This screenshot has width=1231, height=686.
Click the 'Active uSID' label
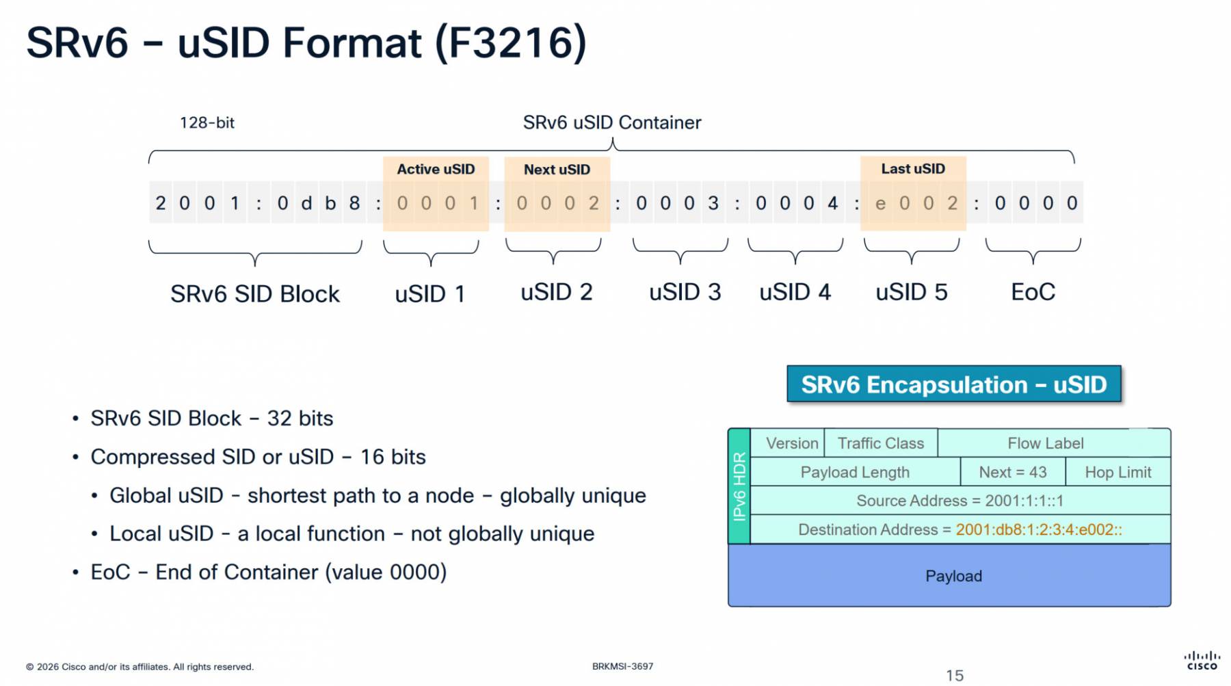tap(436, 169)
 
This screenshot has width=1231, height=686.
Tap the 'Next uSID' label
tap(557, 170)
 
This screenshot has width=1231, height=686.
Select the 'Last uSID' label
tap(913, 168)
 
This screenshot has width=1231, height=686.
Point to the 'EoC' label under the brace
tap(1033, 292)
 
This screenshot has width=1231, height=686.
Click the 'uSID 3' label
tap(685, 292)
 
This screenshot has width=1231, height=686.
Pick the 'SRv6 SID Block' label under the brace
tap(254, 293)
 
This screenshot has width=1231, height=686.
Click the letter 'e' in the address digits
tap(880, 203)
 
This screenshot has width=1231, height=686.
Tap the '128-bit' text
tap(207, 122)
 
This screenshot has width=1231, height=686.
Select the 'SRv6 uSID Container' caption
tap(612, 122)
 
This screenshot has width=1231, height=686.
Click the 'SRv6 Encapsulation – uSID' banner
tap(953, 384)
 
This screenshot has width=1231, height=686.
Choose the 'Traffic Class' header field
tap(880, 443)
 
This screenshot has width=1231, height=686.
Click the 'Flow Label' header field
tap(1045, 443)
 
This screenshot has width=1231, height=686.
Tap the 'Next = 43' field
tap(1012, 472)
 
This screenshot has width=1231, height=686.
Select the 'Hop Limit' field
tap(1117, 472)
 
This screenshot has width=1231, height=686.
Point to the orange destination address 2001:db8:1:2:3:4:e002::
tap(1038, 529)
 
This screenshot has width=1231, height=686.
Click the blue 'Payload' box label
tap(953, 576)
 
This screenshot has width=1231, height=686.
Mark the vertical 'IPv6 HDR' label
tap(739, 486)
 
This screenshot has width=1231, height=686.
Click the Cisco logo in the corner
tap(1202, 660)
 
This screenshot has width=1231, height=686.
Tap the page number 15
tap(955, 676)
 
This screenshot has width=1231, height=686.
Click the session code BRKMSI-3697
tap(622, 666)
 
